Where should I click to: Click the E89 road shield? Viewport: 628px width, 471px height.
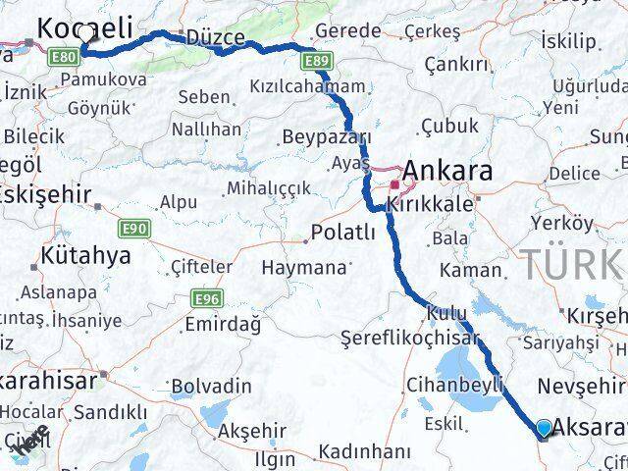coord(316,61)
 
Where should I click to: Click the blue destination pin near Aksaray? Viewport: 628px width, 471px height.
coord(545,427)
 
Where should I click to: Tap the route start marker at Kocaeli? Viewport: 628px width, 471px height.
coord(85,35)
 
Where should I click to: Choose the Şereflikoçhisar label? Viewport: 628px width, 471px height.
coord(410,338)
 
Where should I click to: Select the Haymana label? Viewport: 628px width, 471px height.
coord(305,267)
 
